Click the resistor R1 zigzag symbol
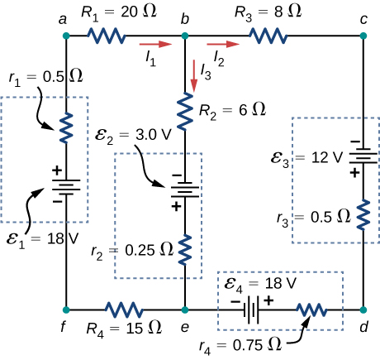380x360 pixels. coord(107,36)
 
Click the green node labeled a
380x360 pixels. coord(67,36)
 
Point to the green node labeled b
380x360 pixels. coord(185,36)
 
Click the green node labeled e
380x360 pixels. coord(185,310)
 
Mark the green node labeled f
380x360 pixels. coord(67,310)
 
